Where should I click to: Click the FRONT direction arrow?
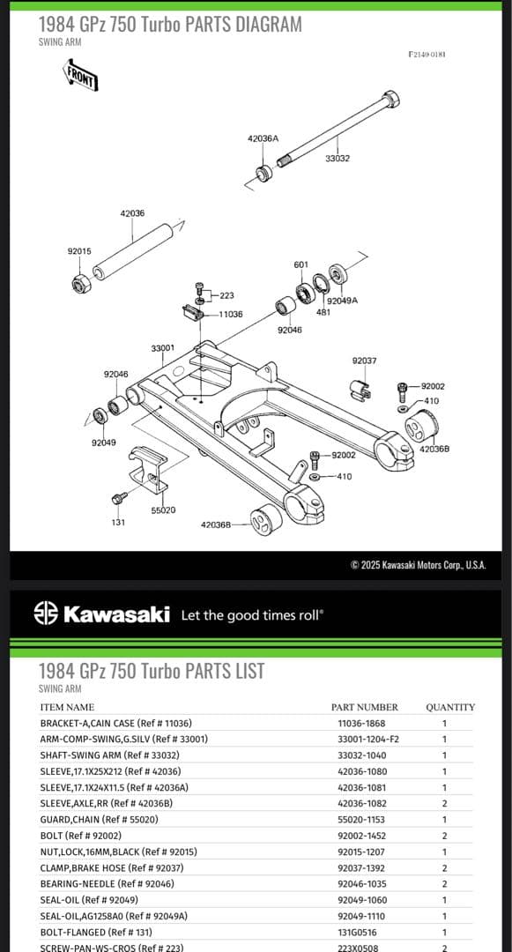coord(79,74)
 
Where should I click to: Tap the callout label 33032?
coord(338,159)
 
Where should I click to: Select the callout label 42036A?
coord(263,138)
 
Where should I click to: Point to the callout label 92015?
coord(79,250)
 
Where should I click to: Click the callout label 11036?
coord(231,314)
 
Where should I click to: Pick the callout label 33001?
coord(162,348)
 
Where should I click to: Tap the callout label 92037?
coord(364,361)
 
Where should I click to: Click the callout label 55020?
coord(163,510)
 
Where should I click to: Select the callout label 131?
coord(118,522)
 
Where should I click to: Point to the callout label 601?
coord(301,264)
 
